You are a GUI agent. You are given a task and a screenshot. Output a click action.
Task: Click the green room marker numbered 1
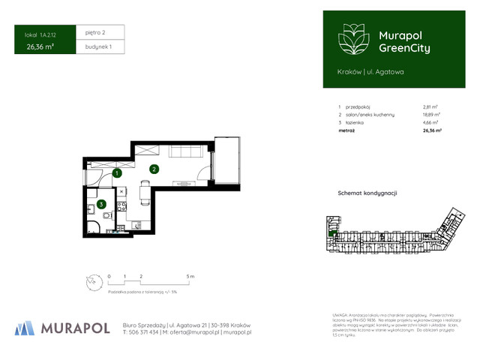[x=117, y=173]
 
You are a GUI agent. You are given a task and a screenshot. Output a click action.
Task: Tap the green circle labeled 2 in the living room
[x=152, y=169]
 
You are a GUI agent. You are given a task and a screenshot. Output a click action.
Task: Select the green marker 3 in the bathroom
[x=100, y=202]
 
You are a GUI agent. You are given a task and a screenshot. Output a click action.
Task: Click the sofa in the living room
[x=183, y=152]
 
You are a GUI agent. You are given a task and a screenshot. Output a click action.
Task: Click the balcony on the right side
[x=226, y=160]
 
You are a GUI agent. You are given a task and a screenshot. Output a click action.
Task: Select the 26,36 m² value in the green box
[x=40, y=46]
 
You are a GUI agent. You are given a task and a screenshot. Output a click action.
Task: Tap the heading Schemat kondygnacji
[x=367, y=193]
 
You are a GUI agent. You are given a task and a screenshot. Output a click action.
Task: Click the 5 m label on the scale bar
[x=190, y=277]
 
